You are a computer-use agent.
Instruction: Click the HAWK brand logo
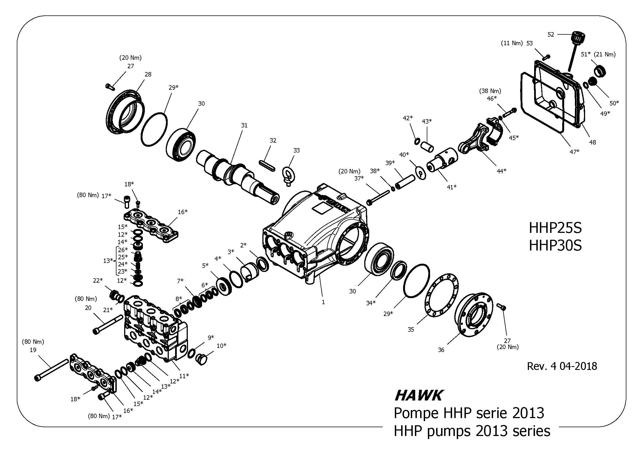pyautogui.click(x=418, y=396)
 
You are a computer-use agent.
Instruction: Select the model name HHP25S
pyautogui.click(x=555, y=228)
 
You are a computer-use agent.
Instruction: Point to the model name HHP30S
pyautogui.click(x=555, y=245)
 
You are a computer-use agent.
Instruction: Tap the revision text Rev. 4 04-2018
pyautogui.click(x=562, y=366)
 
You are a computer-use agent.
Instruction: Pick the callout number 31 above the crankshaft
pyautogui.click(x=244, y=125)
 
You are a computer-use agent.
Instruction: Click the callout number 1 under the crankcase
pyautogui.click(x=323, y=302)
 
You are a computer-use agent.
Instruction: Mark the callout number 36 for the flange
pyautogui.click(x=441, y=350)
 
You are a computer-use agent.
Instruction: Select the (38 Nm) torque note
pyautogui.click(x=490, y=91)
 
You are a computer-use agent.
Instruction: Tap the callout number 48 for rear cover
pyautogui.click(x=593, y=142)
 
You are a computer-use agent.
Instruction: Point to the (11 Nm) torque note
pyautogui.click(x=512, y=43)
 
